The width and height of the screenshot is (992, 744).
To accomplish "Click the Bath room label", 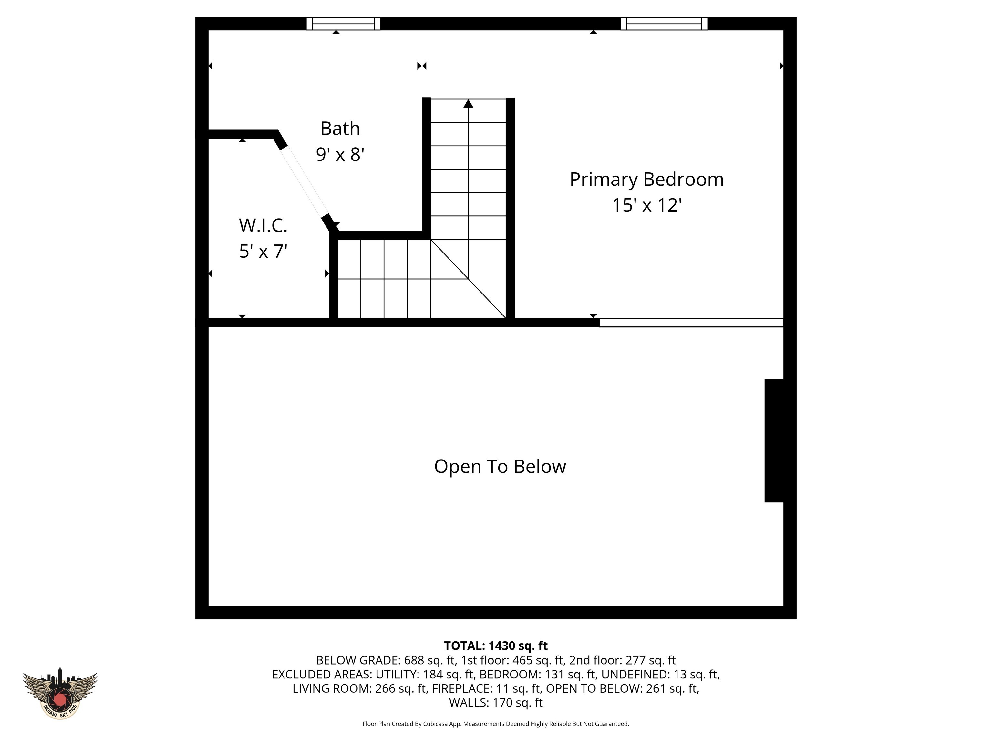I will pos(340,129).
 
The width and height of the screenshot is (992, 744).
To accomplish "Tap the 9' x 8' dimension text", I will pos(340,155).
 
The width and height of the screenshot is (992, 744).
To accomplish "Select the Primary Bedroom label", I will pos(646,180).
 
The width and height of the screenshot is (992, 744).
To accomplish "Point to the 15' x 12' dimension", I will pos(646,205).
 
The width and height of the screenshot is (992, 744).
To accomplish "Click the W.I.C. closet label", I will pos(263,226).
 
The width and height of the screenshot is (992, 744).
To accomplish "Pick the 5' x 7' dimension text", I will pos(263,251).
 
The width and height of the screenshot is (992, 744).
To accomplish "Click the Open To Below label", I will pos(500,466).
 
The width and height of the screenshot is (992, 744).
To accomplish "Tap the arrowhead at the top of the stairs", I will pos(468,104).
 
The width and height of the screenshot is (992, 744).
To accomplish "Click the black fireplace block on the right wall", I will pos(774,440).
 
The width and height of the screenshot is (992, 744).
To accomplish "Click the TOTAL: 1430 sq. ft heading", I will pos(496,646).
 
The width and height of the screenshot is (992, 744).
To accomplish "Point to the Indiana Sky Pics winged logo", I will pos(60,693).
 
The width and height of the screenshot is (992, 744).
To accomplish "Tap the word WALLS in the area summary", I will pos(469,702).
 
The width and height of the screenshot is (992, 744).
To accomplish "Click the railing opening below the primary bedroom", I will pos(691,323).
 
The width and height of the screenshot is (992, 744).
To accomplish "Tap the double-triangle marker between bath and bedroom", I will pos(421,66).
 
